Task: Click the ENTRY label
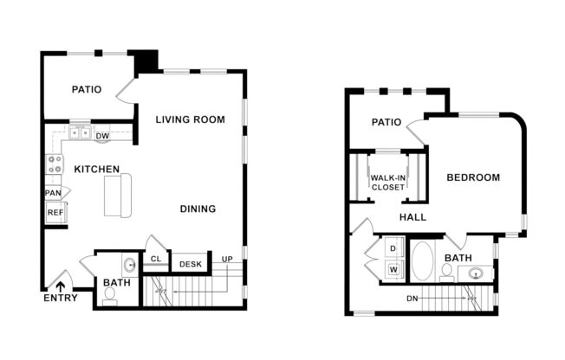pos(60,299)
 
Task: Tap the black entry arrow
pos(61,283)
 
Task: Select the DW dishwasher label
pos(101,136)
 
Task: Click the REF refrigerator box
pos(55,212)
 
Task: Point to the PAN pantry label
pos(53,192)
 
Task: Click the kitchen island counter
pos(118,195)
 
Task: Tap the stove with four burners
pos(55,164)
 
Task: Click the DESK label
pos(189,263)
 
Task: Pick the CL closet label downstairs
pos(156,259)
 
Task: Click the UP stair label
pos(227,260)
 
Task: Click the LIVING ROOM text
pos(190,119)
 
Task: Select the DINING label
pos(198,209)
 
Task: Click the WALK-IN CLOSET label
pos(388,182)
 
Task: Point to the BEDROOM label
pos(473,177)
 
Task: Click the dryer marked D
pos(392,249)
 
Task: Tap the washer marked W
pos(392,269)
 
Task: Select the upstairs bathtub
pos(422,260)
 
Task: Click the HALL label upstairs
pos(412,217)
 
